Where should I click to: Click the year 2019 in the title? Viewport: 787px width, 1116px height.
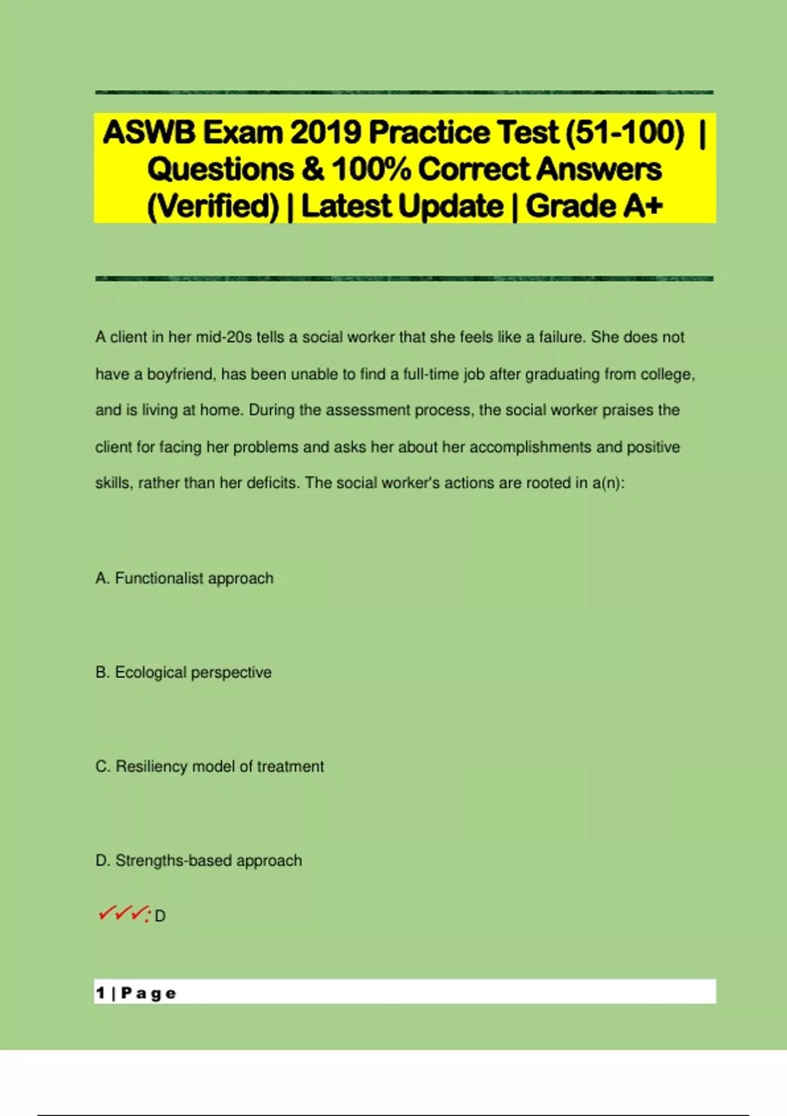click(325, 133)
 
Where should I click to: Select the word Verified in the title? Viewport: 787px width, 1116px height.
click(213, 206)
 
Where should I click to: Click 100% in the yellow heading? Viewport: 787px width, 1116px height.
click(371, 169)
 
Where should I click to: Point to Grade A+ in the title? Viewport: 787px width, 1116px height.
click(594, 206)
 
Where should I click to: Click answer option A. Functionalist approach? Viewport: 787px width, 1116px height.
click(184, 578)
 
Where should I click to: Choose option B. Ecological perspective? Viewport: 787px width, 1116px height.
click(184, 672)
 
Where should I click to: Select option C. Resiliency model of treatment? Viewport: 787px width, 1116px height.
click(210, 766)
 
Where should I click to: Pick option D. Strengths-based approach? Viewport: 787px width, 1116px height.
click(199, 861)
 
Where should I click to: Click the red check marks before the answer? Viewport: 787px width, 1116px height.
click(123, 914)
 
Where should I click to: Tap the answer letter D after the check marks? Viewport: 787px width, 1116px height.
click(160, 916)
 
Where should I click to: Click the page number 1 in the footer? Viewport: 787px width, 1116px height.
click(100, 993)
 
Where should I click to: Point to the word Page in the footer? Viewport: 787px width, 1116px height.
click(149, 993)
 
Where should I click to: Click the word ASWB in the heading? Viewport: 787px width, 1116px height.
click(149, 133)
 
